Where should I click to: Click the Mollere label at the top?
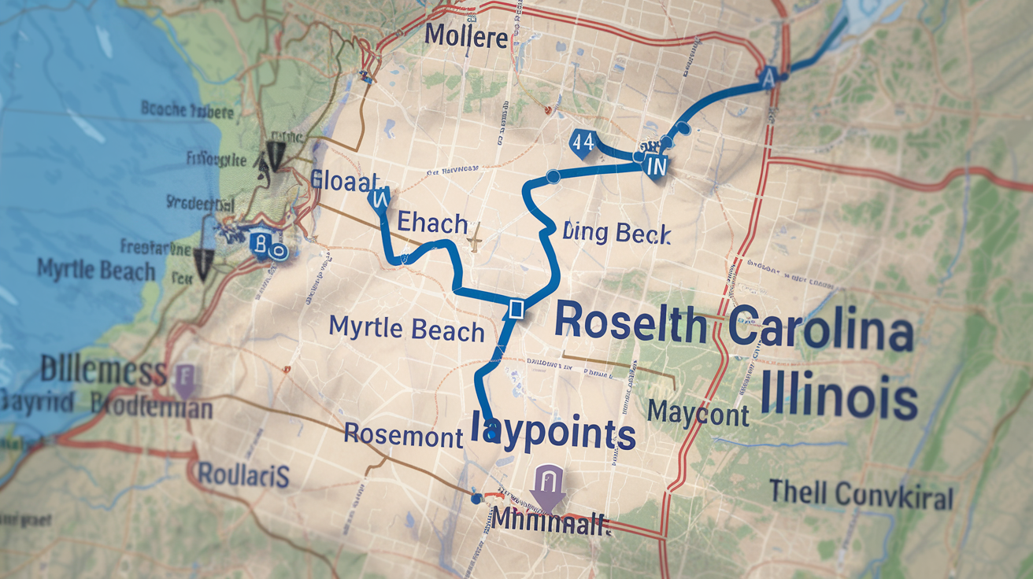coord(465,36)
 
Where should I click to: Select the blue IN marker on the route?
coord(655,167)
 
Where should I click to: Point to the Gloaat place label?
coord(345,180)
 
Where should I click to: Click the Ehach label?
coord(431,223)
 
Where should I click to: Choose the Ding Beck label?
coord(616,233)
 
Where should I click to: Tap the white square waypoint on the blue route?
coord(516,308)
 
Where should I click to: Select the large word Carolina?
coord(821,331)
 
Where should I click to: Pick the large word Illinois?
coord(839,396)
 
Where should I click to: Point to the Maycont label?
coord(698,413)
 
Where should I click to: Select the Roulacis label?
coord(243,474)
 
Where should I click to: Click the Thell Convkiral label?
coord(861,496)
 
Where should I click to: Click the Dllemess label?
coord(104,371)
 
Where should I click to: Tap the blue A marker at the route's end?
coord(769,76)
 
